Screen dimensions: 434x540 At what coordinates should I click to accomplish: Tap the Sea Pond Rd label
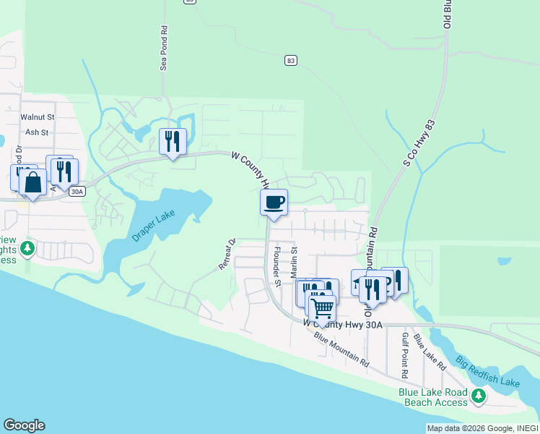click(x=164, y=50)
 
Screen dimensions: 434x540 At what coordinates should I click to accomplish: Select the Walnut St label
click(x=38, y=116)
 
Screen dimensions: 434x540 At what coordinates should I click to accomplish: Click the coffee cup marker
click(x=274, y=203)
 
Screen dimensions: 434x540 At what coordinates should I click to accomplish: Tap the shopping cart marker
click(x=322, y=308)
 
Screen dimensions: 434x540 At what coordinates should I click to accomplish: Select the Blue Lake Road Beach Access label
click(x=433, y=398)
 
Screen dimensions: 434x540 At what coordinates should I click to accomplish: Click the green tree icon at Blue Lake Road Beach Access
click(x=477, y=395)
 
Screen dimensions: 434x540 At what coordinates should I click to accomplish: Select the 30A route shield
click(x=77, y=191)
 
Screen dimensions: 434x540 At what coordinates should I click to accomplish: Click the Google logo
click(x=24, y=425)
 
